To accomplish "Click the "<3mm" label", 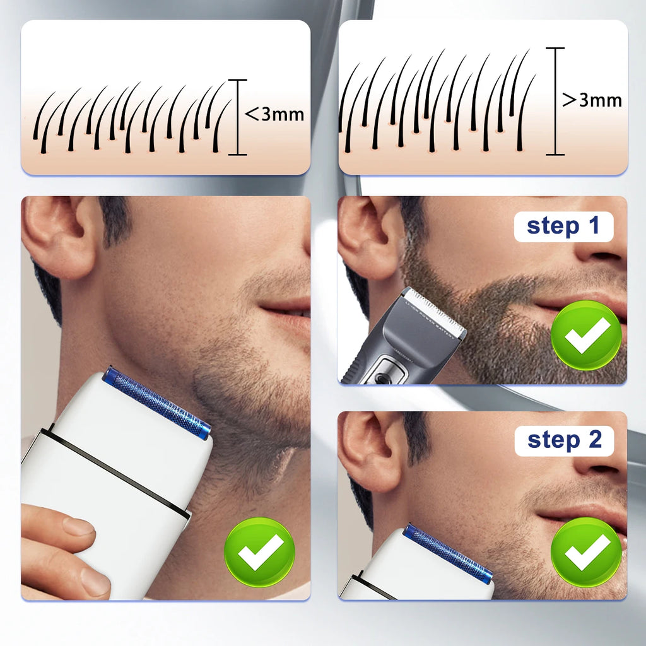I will coord(274,114).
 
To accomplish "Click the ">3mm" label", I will coord(592,100).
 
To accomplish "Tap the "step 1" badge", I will coord(563,226).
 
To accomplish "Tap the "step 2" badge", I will coord(564,440).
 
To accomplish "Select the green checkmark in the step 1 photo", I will coord(587,334).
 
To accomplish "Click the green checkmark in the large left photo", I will coord(260,552).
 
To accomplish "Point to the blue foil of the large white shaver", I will coord(157,402).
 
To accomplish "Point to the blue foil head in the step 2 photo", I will coord(448,551).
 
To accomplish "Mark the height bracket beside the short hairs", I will coord(237,117).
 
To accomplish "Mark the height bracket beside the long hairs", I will coord(555,101).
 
